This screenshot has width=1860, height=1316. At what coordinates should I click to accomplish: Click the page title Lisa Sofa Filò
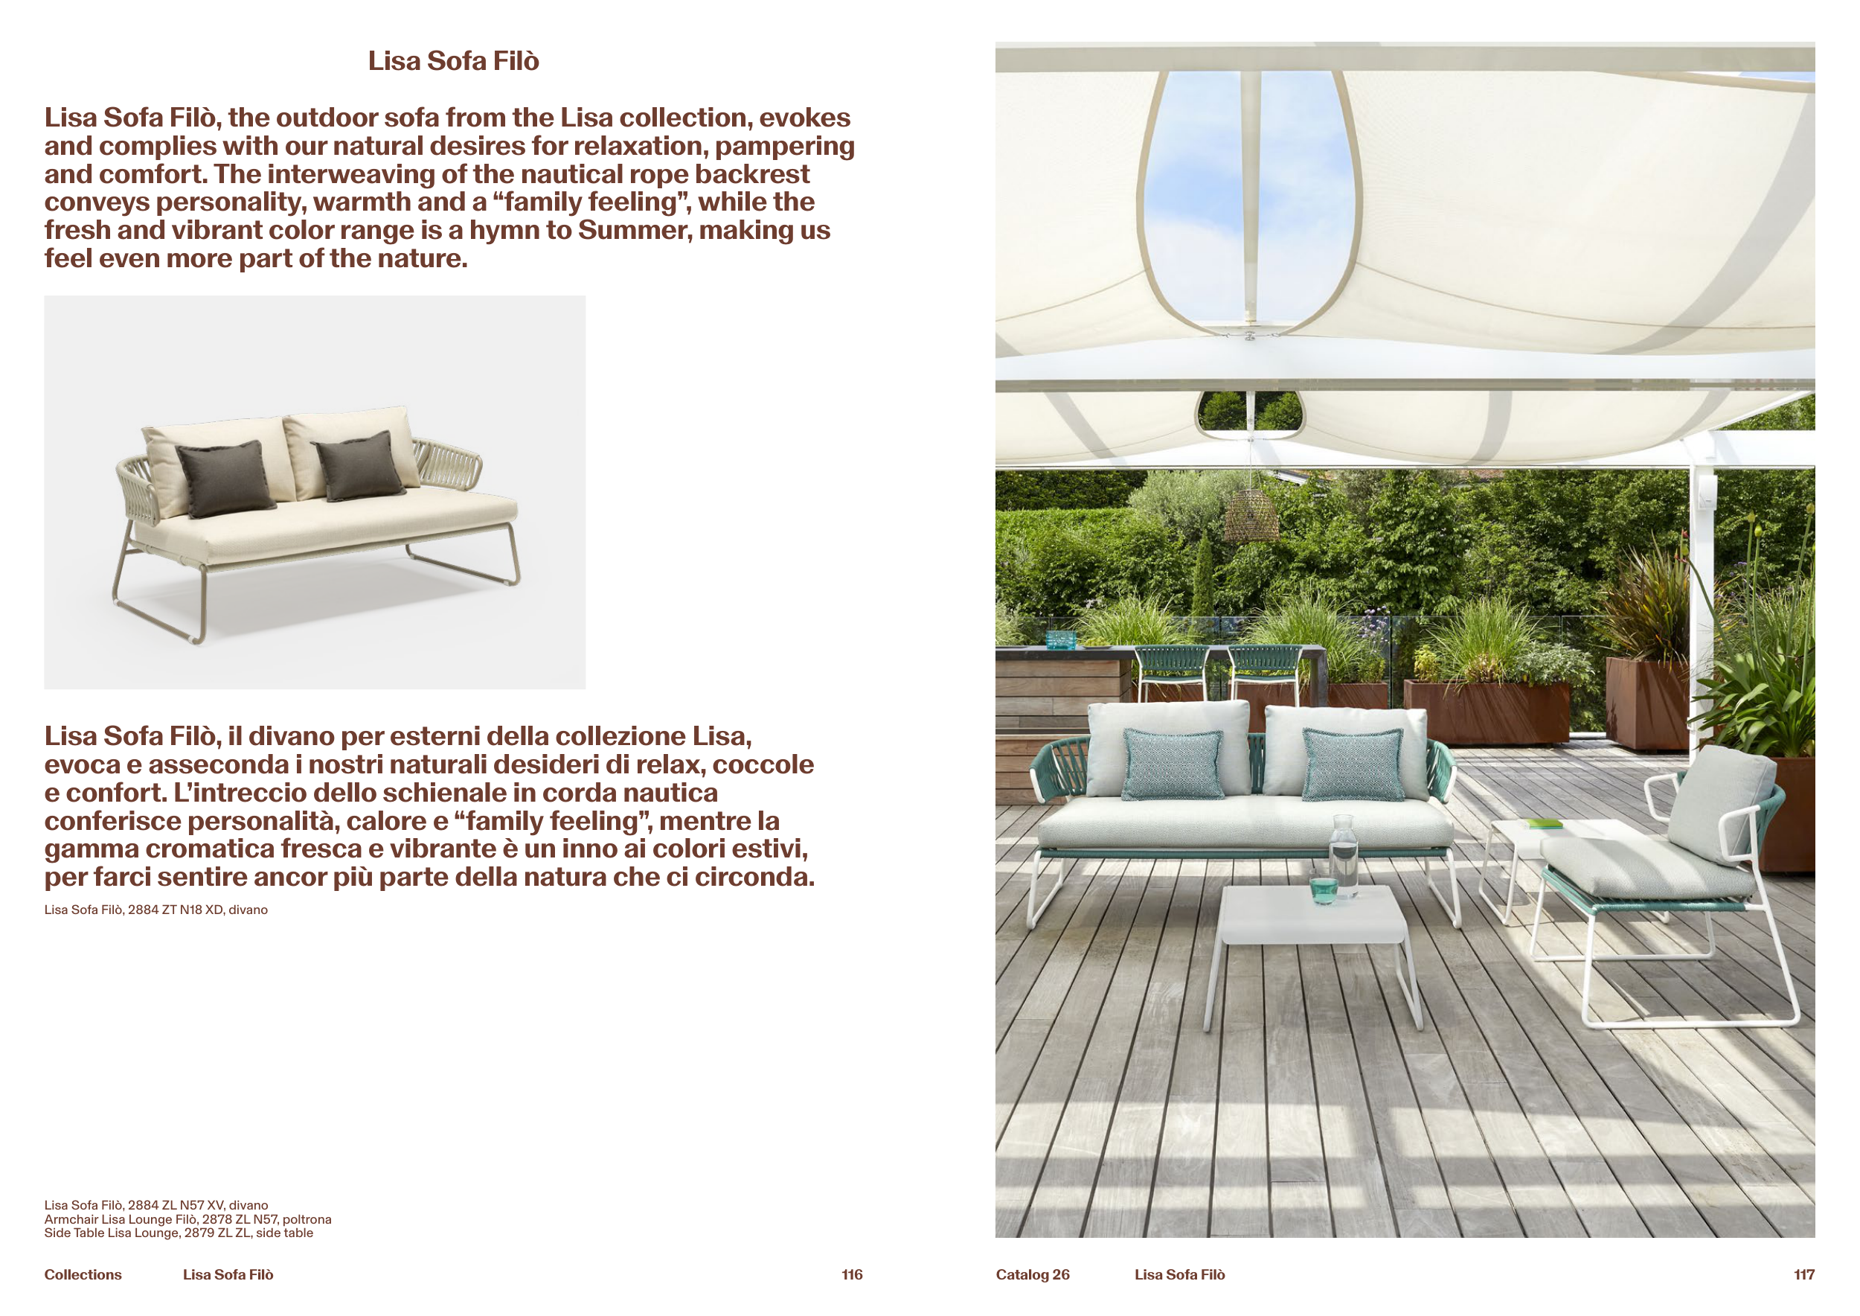pyautogui.click(x=453, y=61)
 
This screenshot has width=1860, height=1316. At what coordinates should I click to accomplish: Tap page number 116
pyautogui.click(x=851, y=1274)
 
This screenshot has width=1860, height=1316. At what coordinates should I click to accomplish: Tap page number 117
pyautogui.click(x=1804, y=1274)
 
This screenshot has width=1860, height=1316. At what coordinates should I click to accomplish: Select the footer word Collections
pyautogui.click(x=83, y=1274)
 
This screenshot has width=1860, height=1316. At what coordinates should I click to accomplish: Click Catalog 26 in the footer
pyautogui.click(x=1032, y=1274)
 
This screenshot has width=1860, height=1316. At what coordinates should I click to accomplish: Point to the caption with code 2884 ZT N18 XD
pyautogui.click(x=155, y=910)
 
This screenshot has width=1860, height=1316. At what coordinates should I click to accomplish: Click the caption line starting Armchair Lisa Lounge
pyautogui.click(x=187, y=1219)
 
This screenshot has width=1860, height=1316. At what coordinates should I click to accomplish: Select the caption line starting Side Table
pyautogui.click(x=179, y=1233)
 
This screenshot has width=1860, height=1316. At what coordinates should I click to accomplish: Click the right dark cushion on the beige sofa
pyautogui.click(x=359, y=467)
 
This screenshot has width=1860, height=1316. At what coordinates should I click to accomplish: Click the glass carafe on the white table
pyautogui.click(x=1344, y=857)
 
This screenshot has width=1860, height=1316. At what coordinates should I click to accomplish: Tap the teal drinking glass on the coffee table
pyautogui.click(x=1323, y=889)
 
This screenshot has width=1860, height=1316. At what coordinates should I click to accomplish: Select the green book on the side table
pyautogui.click(x=1543, y=824)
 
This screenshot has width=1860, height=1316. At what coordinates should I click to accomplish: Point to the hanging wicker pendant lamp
pyautogui.click(x=1251, y=515)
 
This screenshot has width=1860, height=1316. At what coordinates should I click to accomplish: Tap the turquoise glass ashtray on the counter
pyautogui.click(x=1060, y=640)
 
